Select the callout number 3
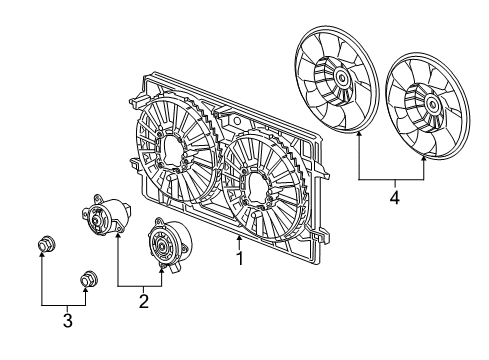68,320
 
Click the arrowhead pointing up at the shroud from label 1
239,239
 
